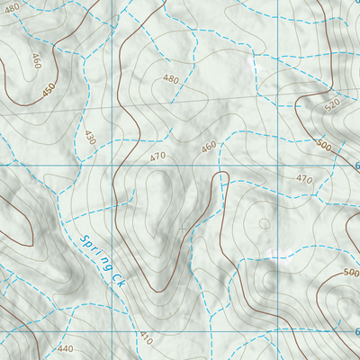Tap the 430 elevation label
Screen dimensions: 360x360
click(89, 138)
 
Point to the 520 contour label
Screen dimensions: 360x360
click(331, 105)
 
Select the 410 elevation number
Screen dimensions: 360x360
click(146, 337)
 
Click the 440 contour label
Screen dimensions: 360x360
click(65, 348)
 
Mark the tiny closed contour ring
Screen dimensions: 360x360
click(264, 222)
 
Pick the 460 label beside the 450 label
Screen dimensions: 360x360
click(37, 61)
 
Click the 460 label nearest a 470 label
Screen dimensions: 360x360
click(209, 146)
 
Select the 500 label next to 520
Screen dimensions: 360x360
click(324, 144)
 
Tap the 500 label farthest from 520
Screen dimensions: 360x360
click(350, 272)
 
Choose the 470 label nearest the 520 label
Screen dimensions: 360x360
click(303, 179)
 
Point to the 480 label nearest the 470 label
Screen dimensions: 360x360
click(171, 79)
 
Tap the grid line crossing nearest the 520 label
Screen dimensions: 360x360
click(276, 166)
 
